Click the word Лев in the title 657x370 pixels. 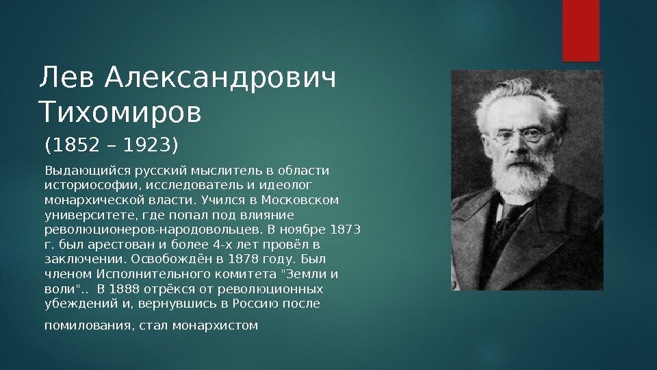(x=66, y=77)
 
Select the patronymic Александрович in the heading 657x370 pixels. (x=220, y=78)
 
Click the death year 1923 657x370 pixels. (x=147, y=145)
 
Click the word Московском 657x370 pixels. (x=300, y=199)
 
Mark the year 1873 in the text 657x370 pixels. (x=345, y=230)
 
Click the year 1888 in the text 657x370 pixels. (x=125, y=288)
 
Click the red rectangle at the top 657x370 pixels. (x=581, y=31)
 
